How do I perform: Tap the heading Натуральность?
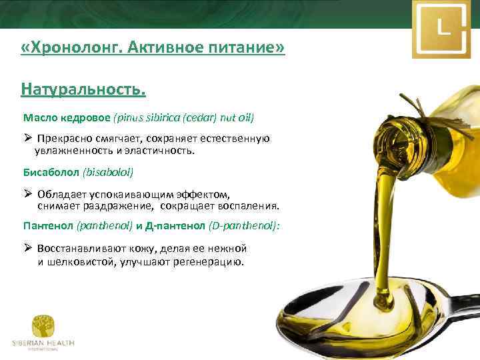click(83, 89)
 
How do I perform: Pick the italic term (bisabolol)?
click(108, 172)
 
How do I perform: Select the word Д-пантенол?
click(177, 227)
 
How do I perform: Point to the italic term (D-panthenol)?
click(243, 227)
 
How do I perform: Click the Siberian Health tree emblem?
click(43, 326)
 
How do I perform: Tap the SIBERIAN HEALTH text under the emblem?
click(43, 343)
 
